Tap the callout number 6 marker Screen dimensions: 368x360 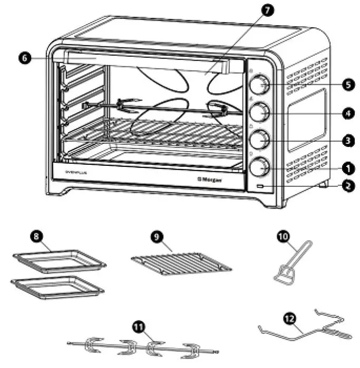pyautogui.click(x=25, y=58)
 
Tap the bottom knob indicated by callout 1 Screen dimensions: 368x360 pyautogui.click(x=259, y=167)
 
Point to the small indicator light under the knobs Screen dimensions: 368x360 pyautogui.click(x=260, y=187)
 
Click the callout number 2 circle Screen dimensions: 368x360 pyautogui.click(x=347, y=186)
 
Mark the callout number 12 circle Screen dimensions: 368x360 pyautogui.click(x=289, y=319)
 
